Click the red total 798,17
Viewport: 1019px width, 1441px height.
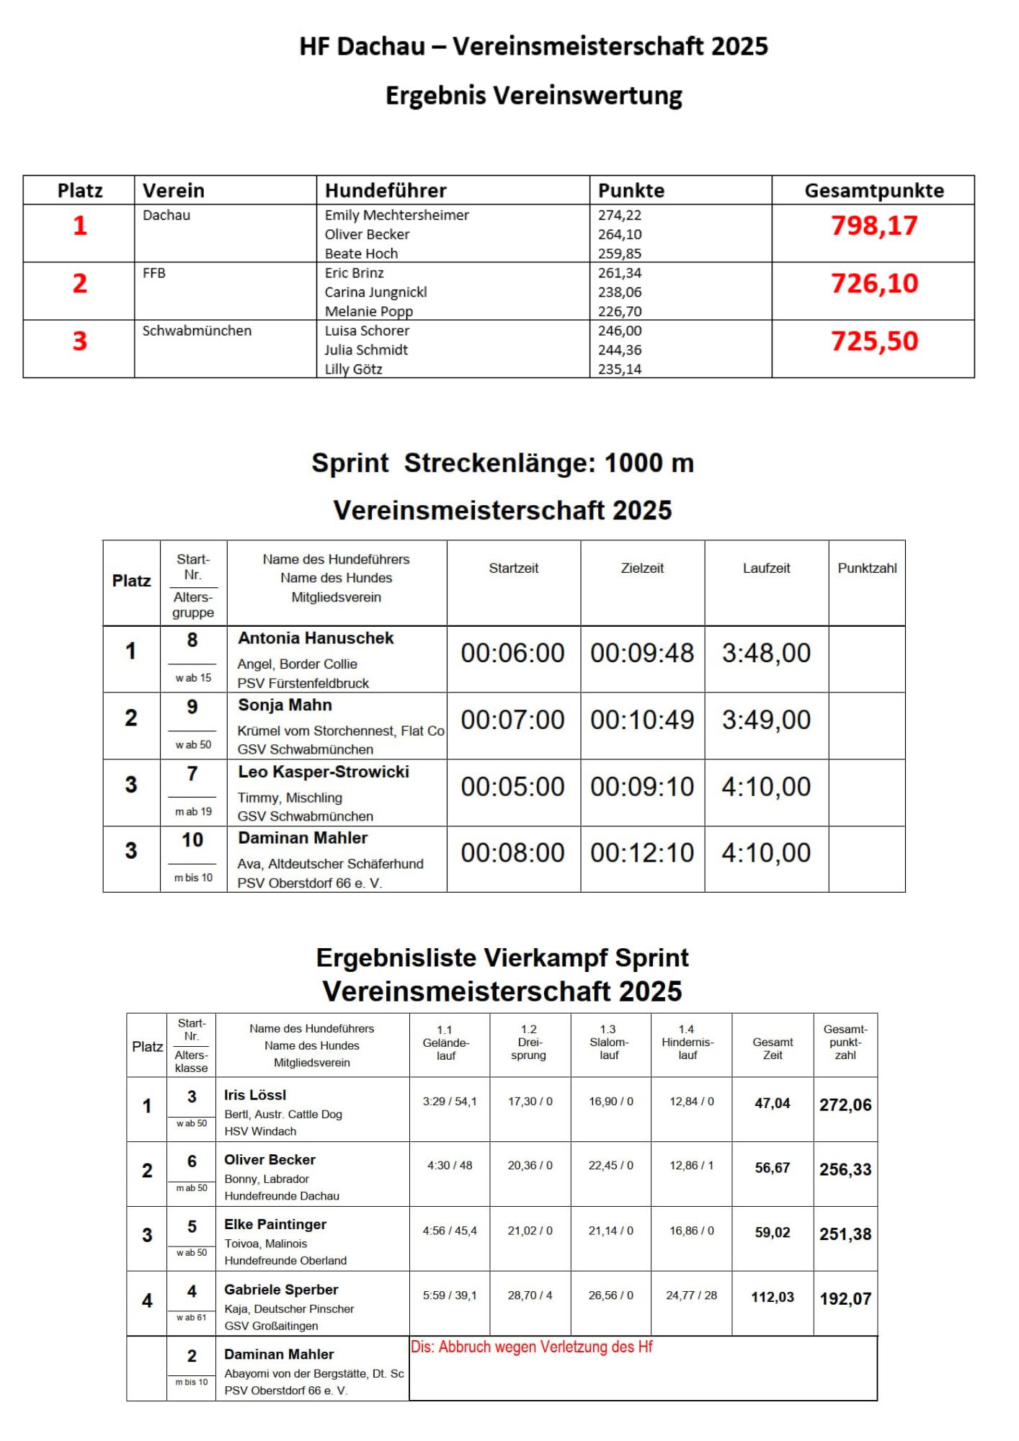[873, 226]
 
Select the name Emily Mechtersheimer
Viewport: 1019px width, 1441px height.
[396, 215]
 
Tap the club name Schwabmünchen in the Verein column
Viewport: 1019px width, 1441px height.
[197, 331]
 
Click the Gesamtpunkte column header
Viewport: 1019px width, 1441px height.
[873, 190]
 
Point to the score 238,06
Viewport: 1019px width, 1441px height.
[620, 292]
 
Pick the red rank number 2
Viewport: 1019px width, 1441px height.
[80, 283]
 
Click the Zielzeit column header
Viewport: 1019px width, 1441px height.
[642, 568]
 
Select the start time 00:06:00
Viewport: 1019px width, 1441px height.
[512, 653]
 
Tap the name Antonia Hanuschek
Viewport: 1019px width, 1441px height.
[316, 638]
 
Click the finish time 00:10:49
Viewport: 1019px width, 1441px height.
[642, 720]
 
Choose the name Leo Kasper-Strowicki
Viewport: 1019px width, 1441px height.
[324, 772]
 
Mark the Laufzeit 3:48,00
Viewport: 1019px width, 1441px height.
[766, 653]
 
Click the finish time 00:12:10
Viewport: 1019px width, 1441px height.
[642, 853]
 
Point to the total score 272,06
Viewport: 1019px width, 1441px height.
[845, 1105]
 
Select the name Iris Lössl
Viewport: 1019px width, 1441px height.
[255, 1095]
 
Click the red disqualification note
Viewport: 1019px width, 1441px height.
[531, 1347]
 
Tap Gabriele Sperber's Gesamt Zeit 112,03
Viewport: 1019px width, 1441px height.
[773, 1297]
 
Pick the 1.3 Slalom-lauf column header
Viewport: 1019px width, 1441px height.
[609, 1042]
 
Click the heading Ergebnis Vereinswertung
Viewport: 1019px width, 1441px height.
[533, 95]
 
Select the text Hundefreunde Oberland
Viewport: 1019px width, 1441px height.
[285, 1260]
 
